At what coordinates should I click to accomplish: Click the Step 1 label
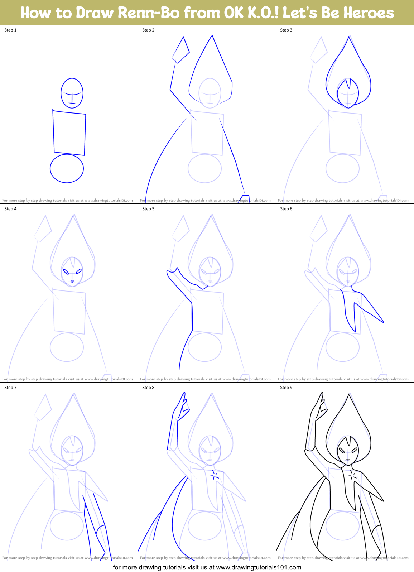coord(10,30)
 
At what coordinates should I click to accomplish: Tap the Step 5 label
coord(148,209)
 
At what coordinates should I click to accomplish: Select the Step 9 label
coord(286,388)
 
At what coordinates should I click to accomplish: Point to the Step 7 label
coord(10,388)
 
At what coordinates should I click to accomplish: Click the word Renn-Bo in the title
coord(148,13)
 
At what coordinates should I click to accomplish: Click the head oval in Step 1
coord(72,93)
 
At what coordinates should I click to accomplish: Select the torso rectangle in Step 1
coord(69,133)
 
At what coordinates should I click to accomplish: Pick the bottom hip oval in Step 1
coord(67,168)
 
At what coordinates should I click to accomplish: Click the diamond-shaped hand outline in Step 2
coord(181,51)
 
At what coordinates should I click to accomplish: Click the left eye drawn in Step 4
coord(66,271)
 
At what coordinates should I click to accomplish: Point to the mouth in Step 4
coord(72,282)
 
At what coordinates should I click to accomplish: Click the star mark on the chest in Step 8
coord(215,475)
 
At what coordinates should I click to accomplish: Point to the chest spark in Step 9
coord(353,475)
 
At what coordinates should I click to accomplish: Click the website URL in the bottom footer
coord(259,567)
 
